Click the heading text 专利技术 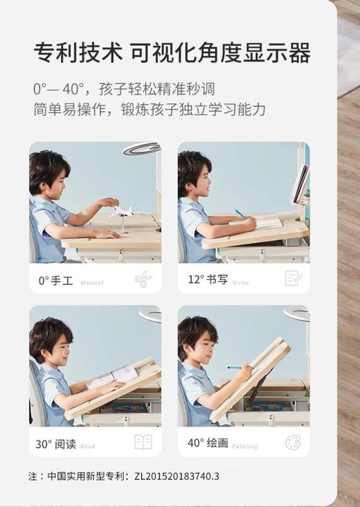pos(74,53)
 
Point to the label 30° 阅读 pos(55,444)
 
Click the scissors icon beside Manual pos(143,279)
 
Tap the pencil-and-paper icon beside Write pos(293,278)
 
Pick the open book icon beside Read pos(143,443)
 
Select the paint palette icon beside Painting pos(293,442)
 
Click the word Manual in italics pos(92,283)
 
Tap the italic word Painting pos(244,447)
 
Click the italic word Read pos(88,447)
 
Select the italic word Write pos(241,283)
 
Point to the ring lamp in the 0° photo pos(141,148)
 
